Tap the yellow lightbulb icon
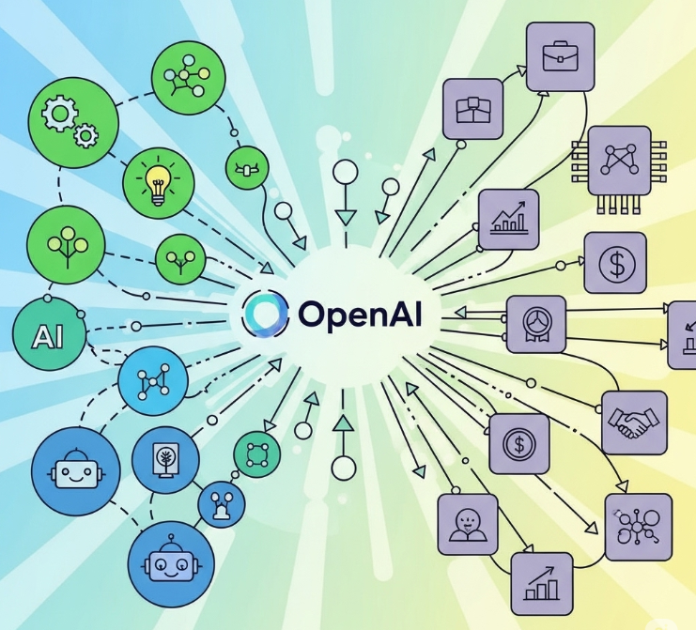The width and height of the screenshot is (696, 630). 157,179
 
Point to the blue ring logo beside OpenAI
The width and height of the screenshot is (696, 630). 265,314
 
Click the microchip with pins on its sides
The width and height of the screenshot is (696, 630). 619,161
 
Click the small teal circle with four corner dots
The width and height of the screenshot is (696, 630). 256,455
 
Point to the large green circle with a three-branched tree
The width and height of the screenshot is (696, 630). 64,241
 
